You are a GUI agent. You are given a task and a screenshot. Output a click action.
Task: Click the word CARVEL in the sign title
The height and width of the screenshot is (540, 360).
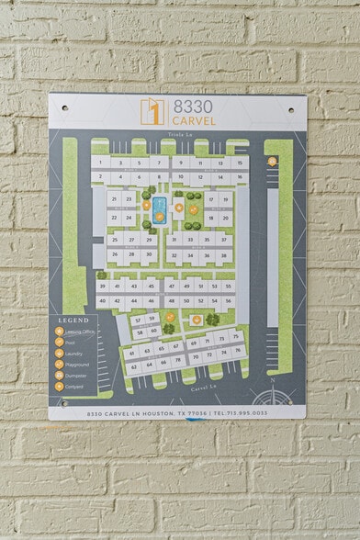pyautogui.click(x=192, y=119)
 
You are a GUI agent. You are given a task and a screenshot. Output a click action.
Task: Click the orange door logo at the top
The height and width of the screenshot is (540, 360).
pyautogui.click(x=152, y=112)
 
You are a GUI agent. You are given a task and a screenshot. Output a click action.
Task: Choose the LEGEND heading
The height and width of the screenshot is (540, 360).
pyautogui.click(x=73, y=320)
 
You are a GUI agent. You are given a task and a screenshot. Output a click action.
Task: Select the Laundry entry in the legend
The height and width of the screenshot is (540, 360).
pyautogui.click(x=73, y=353)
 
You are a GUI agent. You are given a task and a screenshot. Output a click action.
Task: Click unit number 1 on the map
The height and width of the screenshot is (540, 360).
pyautogui.click(x=98, y=163)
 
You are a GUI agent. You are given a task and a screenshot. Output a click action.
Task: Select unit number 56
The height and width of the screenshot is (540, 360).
pyautogui.click(x=228, y=299)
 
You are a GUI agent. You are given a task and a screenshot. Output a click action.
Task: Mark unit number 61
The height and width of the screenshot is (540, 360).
pyautogui.click(x=132, y=353)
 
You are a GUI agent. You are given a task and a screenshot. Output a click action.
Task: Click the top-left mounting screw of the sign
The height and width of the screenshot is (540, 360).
pyautogui.click(x=64, y=107)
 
